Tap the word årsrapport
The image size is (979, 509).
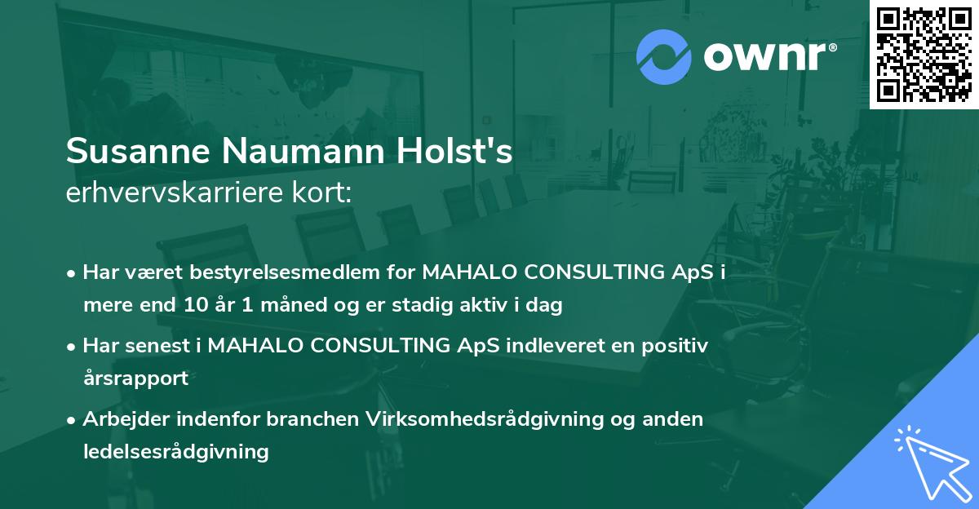click(x=135, y=378)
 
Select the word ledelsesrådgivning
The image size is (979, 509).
click(x=175, y=451)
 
